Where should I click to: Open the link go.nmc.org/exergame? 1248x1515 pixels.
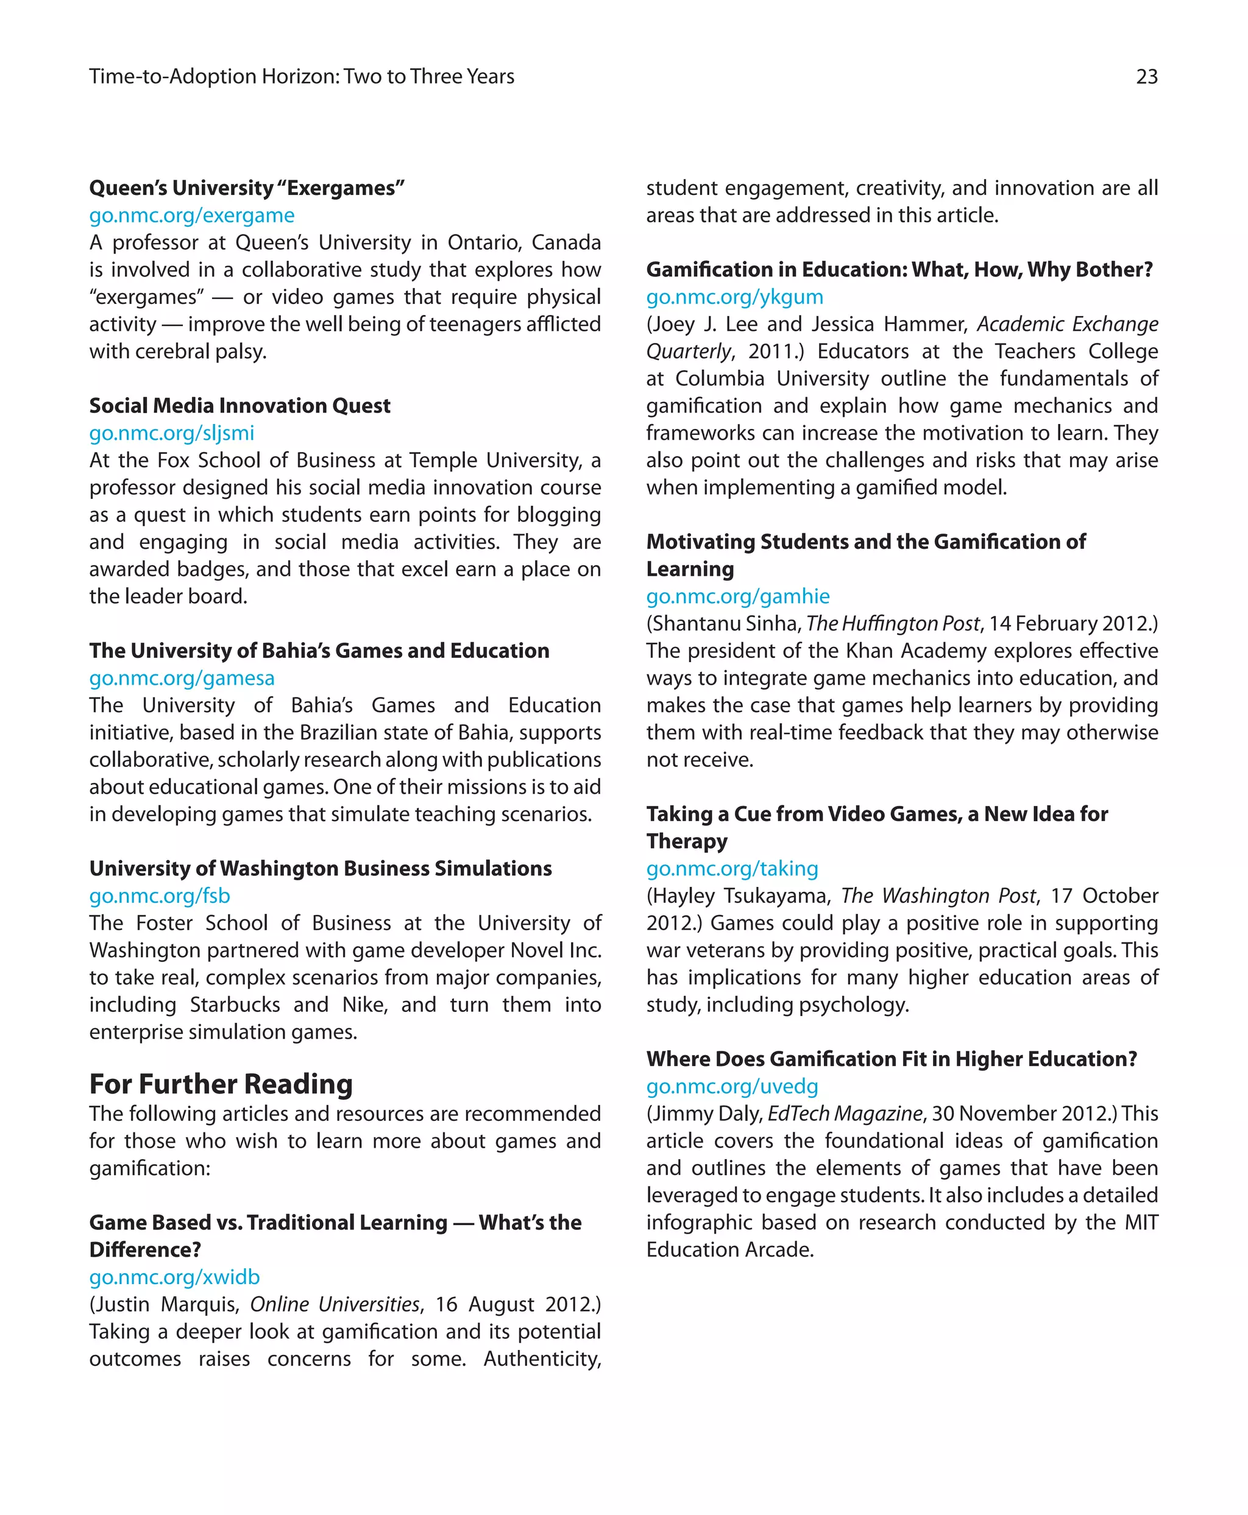(191, 215)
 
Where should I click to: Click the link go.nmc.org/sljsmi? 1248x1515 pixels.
(171, 433)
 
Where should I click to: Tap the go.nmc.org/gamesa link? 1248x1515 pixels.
(181, 678)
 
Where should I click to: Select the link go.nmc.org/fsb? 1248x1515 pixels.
(160, 895)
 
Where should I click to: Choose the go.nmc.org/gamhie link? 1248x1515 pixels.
(737, 596)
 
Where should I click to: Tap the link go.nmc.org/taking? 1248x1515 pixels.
(732, 868)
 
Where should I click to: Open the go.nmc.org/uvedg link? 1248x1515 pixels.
(732, 1086)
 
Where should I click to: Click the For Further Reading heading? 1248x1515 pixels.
(221, 1083)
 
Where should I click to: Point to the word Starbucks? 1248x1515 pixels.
(235, 1004)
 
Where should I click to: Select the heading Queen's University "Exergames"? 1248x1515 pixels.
(247, 188)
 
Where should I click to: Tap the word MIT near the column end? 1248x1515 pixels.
(1141, 1222)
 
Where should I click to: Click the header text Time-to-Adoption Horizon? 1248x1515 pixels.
(213, 76)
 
